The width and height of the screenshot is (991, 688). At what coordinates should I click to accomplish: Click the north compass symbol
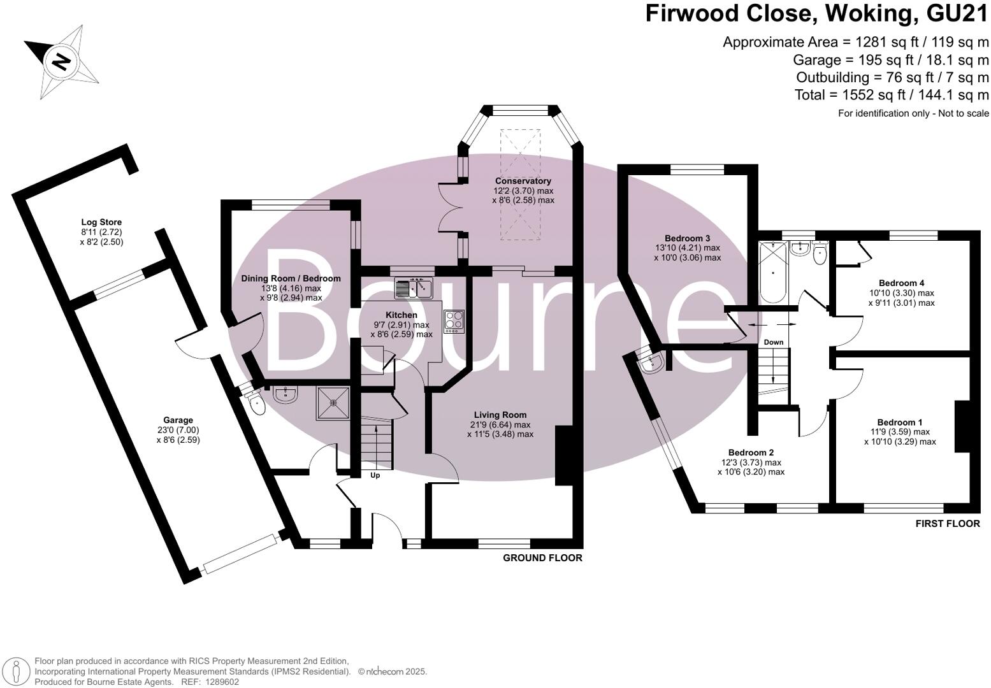pos(61,62)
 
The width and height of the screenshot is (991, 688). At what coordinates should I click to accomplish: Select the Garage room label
pos(178,420)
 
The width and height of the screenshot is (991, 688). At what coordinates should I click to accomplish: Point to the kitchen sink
pos(414,289)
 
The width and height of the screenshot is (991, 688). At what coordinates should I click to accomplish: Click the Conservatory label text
pos(523,181)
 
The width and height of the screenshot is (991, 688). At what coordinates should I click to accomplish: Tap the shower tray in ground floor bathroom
pos(333,402)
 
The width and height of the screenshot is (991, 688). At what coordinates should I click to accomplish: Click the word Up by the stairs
pos(375,475)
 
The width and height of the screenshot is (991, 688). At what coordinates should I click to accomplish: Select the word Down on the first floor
pos(773,342)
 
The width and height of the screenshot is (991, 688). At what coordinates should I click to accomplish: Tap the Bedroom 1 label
pos(899,422)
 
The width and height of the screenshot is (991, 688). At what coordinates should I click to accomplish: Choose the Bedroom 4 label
pos(901,283)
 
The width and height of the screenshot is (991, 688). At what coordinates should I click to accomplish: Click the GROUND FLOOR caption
pos(542,558)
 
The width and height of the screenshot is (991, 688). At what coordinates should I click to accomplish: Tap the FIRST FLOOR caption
pos(947,524)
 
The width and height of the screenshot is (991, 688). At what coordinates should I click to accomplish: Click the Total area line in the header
pos(891,95)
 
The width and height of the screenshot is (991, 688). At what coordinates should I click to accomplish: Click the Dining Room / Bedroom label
pos(291,278)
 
